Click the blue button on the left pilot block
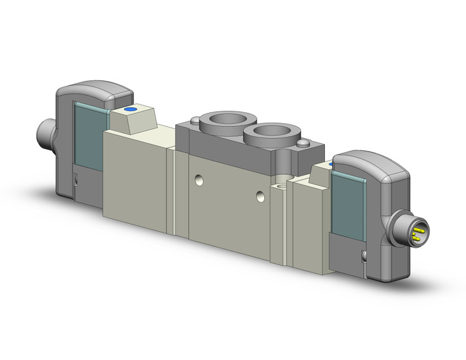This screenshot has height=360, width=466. [x=130, y=110]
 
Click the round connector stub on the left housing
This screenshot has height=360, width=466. [x=45, y=131]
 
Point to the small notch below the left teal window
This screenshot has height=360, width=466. [x=75, y=179]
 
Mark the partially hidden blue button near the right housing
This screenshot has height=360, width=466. [x=331, y=164]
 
